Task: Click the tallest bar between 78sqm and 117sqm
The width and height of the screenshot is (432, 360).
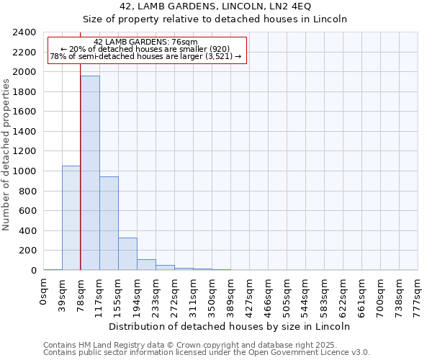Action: coord(90,173)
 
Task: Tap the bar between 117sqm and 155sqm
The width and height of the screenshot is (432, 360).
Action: coord(109,223)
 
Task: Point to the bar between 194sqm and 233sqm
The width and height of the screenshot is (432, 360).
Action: coord(146,264)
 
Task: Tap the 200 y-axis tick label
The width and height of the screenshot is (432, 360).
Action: coord(28,251)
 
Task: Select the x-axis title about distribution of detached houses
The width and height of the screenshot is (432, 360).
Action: coord(230,326)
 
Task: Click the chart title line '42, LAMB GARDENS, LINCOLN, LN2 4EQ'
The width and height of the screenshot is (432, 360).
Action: coord(216,6)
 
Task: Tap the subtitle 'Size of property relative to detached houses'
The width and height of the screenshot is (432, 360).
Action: coord(216,19)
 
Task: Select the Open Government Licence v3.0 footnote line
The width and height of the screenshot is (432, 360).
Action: coord(207,353)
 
